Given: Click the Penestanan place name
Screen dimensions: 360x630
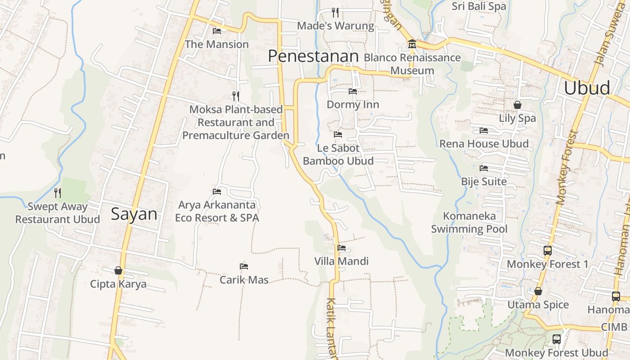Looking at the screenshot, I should [x=313, y=56].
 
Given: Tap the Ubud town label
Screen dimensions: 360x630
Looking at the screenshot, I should [x=587, y=88].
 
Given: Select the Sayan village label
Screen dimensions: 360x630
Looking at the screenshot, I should [x=134, y=214].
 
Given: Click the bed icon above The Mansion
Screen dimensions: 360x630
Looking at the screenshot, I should [x=217, y=31].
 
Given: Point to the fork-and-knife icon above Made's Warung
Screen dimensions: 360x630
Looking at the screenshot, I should [x=335, y=12].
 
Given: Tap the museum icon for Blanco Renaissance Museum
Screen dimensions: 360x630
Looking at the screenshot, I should [x=412, y=44].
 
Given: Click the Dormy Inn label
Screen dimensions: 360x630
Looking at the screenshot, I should [x=353, y=105].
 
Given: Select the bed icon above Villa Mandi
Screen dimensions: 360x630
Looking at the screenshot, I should [x=342, y=248].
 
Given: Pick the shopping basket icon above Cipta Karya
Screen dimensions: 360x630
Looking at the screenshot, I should [x=118, y=270].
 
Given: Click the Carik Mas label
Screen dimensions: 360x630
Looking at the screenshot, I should [x=244, y=280].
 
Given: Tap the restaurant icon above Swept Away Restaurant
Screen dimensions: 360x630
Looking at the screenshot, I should [x=58, y=193].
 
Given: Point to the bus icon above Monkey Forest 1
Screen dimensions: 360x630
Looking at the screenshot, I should [x=548, y=251].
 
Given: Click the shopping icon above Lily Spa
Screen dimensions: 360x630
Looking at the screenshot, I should [x=517, y=105].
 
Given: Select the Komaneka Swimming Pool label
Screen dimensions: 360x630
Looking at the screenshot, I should [x=469, y=222].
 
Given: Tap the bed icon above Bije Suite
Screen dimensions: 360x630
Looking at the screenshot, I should [x=484, y=168].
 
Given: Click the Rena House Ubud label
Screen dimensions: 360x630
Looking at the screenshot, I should [x=484, y=144].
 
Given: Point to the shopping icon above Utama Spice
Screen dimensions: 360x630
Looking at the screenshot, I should [x=538, y=292].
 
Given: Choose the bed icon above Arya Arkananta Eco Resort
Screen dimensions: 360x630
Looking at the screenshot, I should [x=217, y=192].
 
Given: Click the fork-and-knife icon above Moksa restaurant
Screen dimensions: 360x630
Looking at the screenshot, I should [x=235, y=96].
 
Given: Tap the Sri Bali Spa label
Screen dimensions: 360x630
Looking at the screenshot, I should [x=479, y=6].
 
